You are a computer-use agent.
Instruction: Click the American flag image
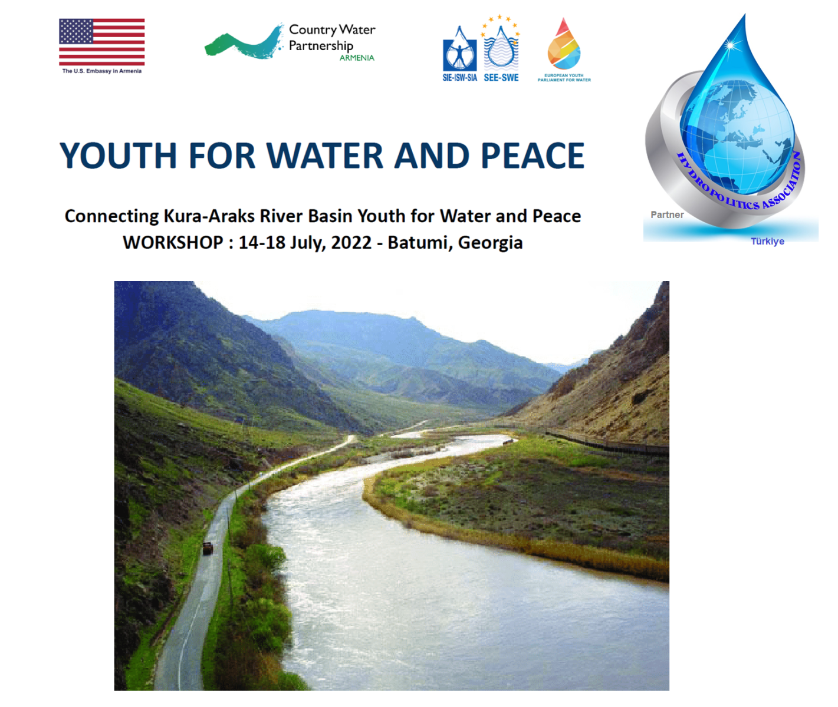point(102,42)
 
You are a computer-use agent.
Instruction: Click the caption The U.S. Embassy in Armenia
point(102,71)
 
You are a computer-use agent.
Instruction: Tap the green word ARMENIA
point(357,58)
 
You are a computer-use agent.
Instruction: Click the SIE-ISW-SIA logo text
point(460,78)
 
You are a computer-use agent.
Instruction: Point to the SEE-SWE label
point(501,78)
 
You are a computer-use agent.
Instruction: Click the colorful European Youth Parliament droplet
point(564,44)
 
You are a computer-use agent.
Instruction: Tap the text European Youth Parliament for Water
point(564,77)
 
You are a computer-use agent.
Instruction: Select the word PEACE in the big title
point(533,156)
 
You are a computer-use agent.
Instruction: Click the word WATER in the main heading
point(325,156)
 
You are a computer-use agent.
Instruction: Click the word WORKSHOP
point(173,243)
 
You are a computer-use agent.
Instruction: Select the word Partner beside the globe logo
point(667,215)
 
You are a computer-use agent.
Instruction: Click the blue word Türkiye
point(767,242)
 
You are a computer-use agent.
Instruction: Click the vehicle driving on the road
point(208,548)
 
